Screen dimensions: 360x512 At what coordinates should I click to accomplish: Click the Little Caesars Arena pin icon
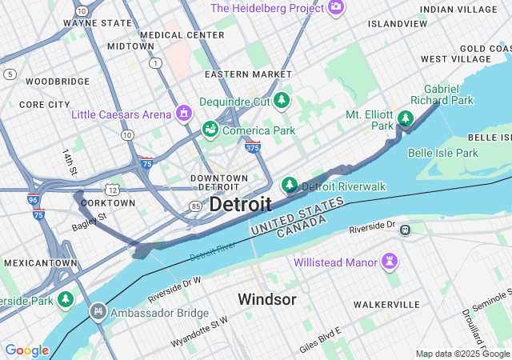pyautogui.click(x=185, y=114)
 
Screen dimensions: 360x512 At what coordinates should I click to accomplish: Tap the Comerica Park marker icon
pyautogui.click(x=210, y=129)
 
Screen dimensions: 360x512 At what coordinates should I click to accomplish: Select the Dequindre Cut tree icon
pyautogui.click(x=281, y=101)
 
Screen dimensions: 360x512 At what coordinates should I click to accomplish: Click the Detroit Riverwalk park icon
pyautogui.click(x=290, y=186)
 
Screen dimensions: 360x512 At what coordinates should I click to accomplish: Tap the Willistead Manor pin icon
pyautogui.click(x=390, y=261)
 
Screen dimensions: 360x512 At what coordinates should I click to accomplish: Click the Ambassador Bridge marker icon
pyautogui.click(x=98, y=311)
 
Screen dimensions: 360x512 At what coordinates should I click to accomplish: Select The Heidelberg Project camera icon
pyautogui.click(x=336, y=7)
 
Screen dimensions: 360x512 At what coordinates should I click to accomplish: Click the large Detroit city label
pyautogui.click(x=240, y=204)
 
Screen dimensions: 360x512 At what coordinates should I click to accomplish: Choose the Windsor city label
pyautogui.click(x=267, y=299)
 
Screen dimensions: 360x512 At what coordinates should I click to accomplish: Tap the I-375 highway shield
pyautogui.click(x=252, y=147)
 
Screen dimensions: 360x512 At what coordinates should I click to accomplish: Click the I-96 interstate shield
pyautogui.click(x=33, y=200)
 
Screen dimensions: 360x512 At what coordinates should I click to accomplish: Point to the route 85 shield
pyautogui.click(x=195, y=206)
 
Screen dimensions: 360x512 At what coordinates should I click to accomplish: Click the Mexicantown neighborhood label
pyautogui.click(x=40, y=262)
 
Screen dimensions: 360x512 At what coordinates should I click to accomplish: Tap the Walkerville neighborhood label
pyautogui.click(x=386, y=305)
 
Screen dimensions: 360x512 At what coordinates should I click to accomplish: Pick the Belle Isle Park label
pyautogui.click(x=442, y=152)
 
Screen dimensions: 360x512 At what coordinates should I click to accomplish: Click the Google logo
pyautogui.click(x=26, y=350)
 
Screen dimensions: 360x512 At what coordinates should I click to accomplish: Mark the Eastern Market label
pyautogui.click(x=248, y=74)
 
